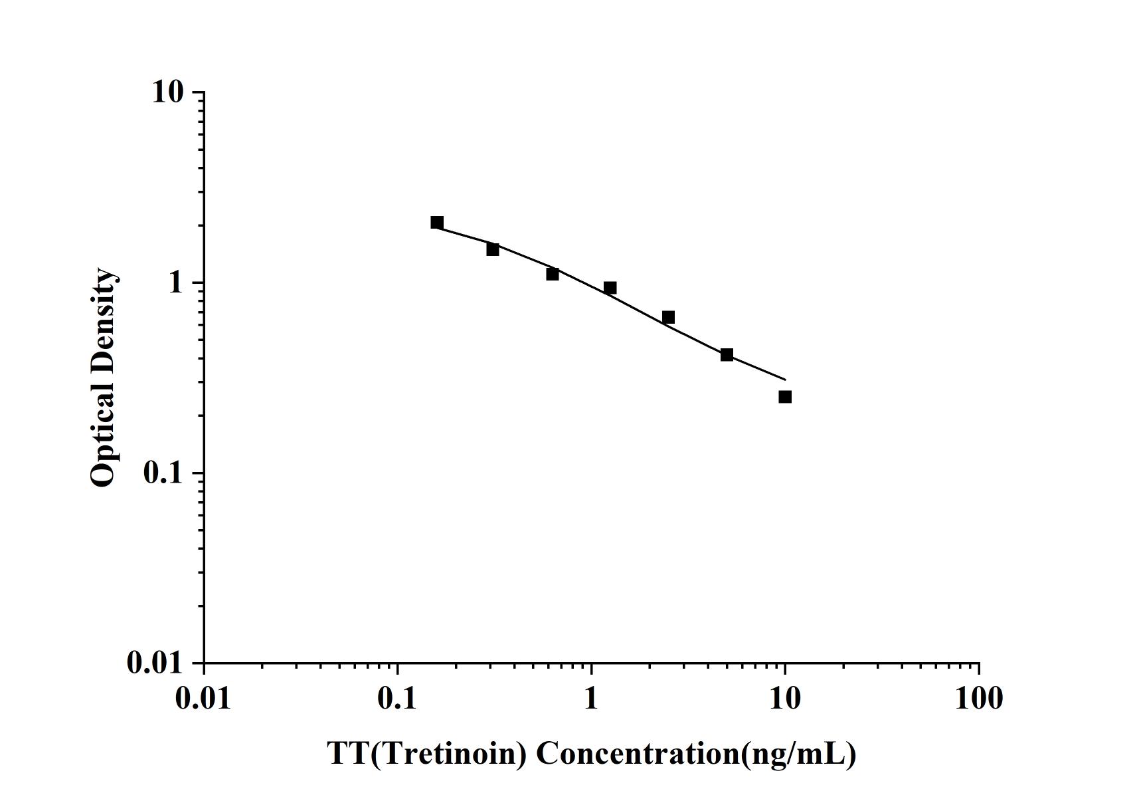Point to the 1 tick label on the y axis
(176, 283)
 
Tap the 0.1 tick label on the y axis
(163, 473)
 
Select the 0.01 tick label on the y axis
(155, 663)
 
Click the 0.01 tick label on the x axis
(203, 698)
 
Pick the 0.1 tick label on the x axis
(397, 698)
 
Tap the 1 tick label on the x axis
(591, 698)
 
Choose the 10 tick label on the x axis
(785, 698)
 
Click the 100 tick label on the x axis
(979, 698)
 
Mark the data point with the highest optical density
(437, 223)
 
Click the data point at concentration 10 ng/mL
(785, 397)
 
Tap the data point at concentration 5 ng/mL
(727, 354)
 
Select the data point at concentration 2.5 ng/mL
(669, 318)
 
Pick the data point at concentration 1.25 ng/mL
(610, 288)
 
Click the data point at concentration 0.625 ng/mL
(553, 275)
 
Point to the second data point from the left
(493, 249)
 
